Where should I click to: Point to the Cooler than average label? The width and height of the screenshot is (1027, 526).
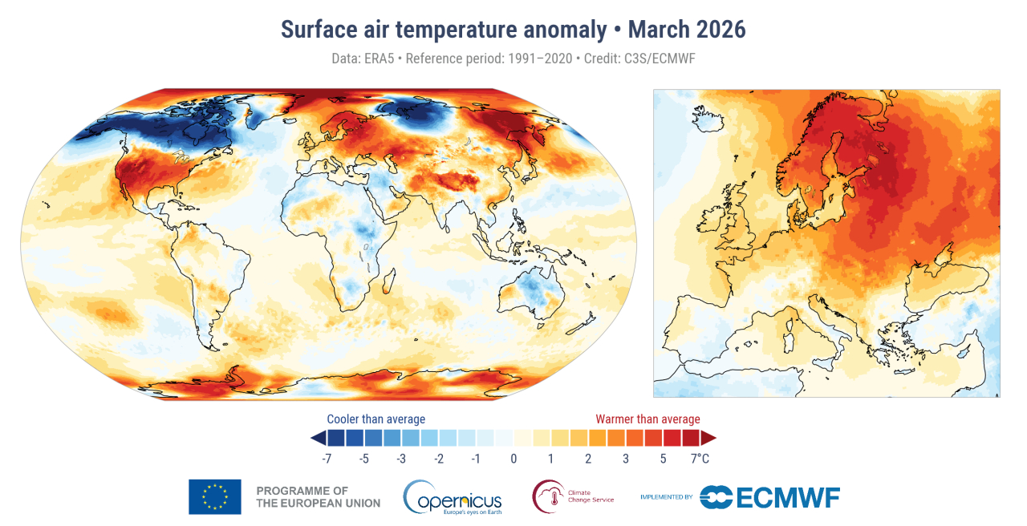375,419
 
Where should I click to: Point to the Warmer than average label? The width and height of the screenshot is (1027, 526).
647,419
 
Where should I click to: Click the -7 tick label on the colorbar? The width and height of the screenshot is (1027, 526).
327,459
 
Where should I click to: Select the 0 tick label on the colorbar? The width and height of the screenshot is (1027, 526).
513,459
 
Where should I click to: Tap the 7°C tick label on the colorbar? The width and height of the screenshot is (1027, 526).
700,459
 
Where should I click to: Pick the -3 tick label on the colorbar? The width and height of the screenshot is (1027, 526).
401,459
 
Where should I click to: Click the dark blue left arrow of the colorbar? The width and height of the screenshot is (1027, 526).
318,438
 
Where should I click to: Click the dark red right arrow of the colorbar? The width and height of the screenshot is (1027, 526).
708,438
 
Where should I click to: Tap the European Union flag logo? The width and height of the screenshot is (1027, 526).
214,496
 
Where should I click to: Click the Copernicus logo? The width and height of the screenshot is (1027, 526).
453,497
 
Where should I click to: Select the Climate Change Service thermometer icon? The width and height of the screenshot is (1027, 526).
547,496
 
